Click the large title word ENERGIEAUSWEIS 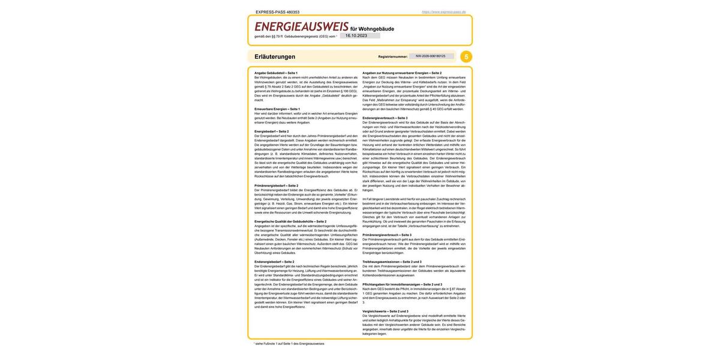pos(301,26)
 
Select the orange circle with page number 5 pos(466,56)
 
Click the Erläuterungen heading pos(275,56)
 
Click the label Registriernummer pos(393,56)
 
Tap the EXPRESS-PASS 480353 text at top pos(277,12)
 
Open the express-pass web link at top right pos(443,12)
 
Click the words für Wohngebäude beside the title pos(372,29)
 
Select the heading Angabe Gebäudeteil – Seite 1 pos(276,73)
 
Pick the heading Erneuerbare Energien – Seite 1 pos(277,109)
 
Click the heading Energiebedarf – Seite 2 pos(271,131)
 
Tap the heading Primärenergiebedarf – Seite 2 pos(276,185)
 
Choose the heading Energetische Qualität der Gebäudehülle pos(290,221)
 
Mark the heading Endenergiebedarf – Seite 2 pos(274,262)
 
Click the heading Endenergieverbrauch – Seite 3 pos(385,118)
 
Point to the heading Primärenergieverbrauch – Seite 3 pos(387,235)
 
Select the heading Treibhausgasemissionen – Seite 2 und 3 pos(392,262)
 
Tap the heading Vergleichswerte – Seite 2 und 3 pos(385,311)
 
